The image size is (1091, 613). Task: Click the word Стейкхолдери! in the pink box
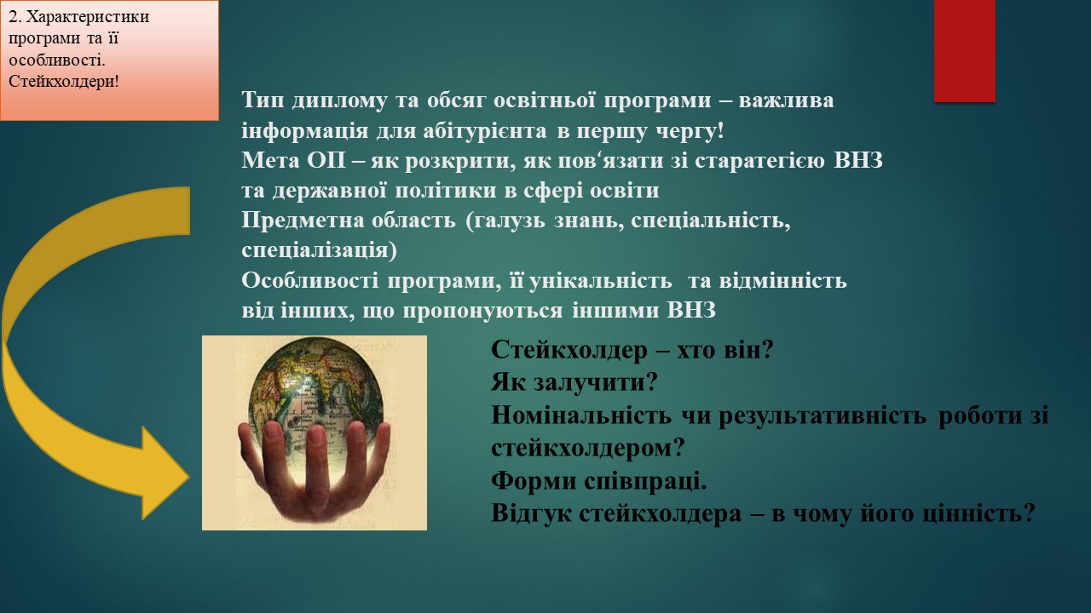[x=64, y=82]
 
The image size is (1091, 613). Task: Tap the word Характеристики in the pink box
[x=87, y=17]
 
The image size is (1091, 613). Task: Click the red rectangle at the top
[x=964, y=50]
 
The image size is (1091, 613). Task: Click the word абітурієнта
[x=485, y=131]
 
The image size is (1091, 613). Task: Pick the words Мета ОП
[x=293, y=161]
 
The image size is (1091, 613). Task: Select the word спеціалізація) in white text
[x=320, y=251]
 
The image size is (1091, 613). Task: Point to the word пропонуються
[x=482, y=312]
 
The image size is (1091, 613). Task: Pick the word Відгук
[x=531, y=514]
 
